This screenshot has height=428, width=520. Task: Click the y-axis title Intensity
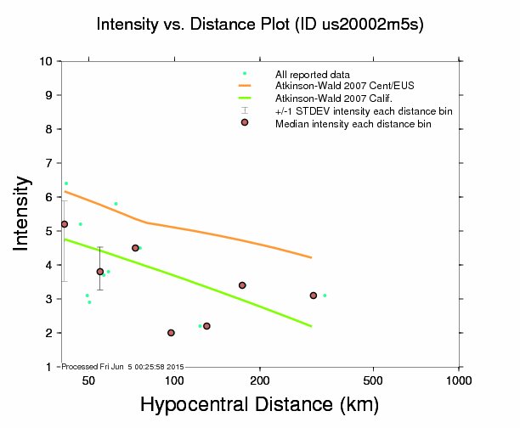pyautogui.click(x=23, y=213)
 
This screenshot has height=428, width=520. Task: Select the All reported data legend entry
pyautogui.click(x=307, y=74)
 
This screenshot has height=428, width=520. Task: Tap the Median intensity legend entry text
pyautogui.click(x=353, y=124)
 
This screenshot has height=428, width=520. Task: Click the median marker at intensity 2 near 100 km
pyautogui.click(x=171, y=333)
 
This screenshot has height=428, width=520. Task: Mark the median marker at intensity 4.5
pyautogui.click(x=135, y=248)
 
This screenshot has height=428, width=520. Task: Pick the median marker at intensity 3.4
pyautogui.click(x=242, y=285)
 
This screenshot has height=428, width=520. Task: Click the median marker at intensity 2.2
pyautogui.click(x=206, y=326)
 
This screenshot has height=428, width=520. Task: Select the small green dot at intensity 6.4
pyautogui.click(x=66, y=183)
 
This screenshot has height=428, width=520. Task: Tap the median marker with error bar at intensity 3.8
pyautogui.click(x=100, y=272)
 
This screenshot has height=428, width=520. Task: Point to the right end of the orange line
pyautogui.click(x=311, y=257)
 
